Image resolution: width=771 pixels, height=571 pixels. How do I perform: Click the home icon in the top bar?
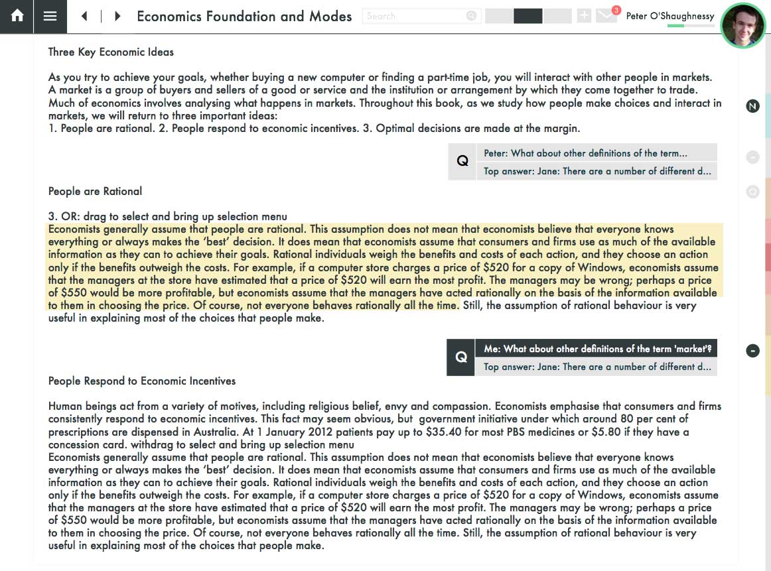(17, 17)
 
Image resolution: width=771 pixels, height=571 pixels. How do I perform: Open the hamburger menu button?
(50, 17)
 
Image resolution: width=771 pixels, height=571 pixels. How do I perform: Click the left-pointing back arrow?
(84, 17)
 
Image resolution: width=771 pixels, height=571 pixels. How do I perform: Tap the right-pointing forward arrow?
(117, 17)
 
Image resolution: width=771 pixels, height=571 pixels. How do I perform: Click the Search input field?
(414, 16)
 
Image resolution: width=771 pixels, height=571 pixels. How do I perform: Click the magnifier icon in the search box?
(471, 16)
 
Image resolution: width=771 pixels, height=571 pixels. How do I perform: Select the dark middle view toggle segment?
(528, 16)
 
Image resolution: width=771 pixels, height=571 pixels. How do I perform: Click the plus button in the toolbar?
(584, 16)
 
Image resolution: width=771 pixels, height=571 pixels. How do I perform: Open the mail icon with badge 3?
(606, 15)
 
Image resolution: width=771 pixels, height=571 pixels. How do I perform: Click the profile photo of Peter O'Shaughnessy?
(742, 26)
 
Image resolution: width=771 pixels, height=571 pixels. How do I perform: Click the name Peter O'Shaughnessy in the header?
(670, 16)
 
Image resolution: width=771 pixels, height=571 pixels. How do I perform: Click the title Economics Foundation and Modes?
(244, 17)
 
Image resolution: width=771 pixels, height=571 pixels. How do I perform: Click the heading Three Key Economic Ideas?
(111, 52)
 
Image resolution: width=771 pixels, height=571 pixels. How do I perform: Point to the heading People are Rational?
(95, 191)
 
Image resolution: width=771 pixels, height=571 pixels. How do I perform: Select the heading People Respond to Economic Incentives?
(142, 381)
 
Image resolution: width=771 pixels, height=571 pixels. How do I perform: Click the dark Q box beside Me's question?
(461, 357)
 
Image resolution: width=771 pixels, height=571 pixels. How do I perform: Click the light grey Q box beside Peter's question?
(462, 161)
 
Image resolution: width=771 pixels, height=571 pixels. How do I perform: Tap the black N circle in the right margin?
(752, 106)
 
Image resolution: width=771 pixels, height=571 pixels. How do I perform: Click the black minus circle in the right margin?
(752, 350)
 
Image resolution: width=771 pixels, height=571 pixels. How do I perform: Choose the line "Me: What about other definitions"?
(596, 349)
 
